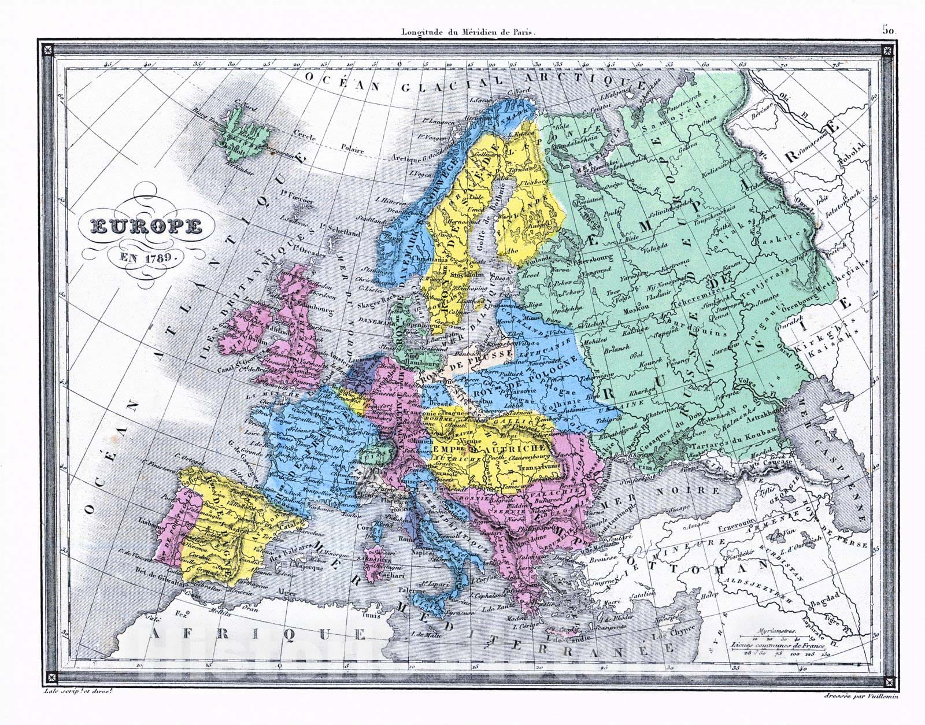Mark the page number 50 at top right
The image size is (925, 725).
(x=889, y=30)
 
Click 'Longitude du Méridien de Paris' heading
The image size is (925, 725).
(x=469, y=33)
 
